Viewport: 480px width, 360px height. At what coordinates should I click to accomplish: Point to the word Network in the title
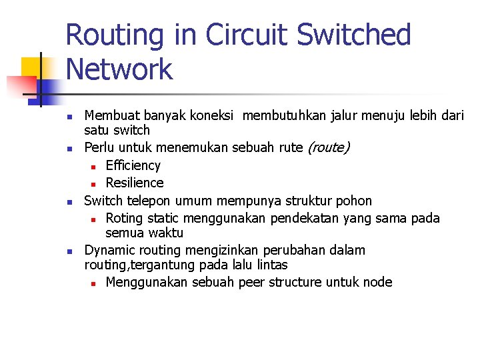tap(119, 69)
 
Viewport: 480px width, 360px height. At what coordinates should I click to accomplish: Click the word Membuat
tap(111, 115)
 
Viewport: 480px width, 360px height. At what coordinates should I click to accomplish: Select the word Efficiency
tap(133, 165)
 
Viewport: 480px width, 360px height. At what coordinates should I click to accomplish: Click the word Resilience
tap(134, 183)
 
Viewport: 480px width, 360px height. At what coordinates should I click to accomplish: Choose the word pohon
tap(355, 201)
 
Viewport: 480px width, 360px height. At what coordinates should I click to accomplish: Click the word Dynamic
tap(109, 250)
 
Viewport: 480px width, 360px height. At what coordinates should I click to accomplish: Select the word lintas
tap(270, 265)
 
